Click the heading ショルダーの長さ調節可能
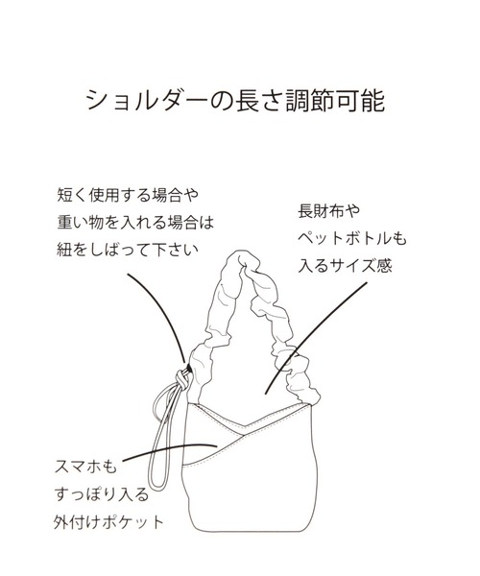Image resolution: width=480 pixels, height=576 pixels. pos(235,100)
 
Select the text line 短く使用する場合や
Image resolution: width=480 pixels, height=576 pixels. pos(128,195)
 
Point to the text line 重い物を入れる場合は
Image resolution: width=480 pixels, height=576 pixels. pos(135,223)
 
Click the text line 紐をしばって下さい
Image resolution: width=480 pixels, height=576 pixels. pos(128,250)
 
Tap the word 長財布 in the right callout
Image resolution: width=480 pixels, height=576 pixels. pos(318,211)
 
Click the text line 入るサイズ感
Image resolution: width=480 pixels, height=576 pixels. pos(345,265)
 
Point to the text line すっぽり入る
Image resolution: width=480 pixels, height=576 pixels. pos(102,494)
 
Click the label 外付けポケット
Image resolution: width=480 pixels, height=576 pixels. pos(108,522)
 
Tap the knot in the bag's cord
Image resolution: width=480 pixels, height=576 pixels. pos(183,378)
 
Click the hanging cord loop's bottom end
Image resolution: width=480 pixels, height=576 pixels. pos(157,485)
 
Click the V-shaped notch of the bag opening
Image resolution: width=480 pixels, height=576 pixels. pos(243,427)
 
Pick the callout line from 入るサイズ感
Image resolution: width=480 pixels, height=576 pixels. pos(317,338)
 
